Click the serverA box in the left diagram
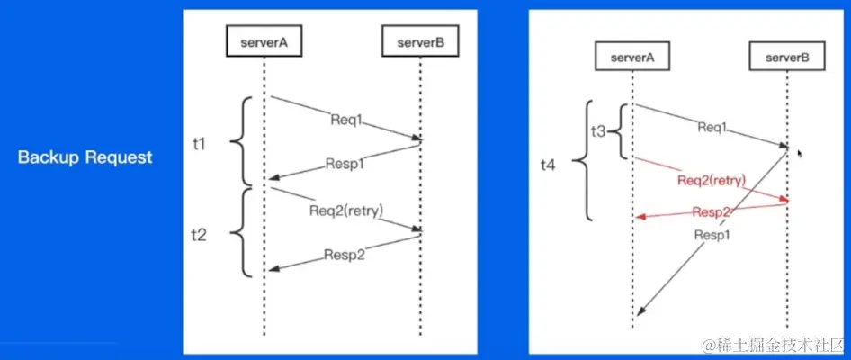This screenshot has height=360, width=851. click(x=264, y=41)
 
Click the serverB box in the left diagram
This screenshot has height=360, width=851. click(x=419, y=41)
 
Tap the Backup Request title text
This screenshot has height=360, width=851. click(x=85, y=157)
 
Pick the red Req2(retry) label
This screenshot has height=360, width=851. click(x=712, y=180)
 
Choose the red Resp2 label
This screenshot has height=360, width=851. click(x=711, y=212)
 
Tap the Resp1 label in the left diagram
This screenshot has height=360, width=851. click(x=345, y=166)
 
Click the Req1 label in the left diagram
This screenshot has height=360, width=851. click(x=346, y=117)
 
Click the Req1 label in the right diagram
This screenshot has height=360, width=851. click(x=712, y=128)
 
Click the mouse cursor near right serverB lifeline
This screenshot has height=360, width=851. click(x=799, y=154)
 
